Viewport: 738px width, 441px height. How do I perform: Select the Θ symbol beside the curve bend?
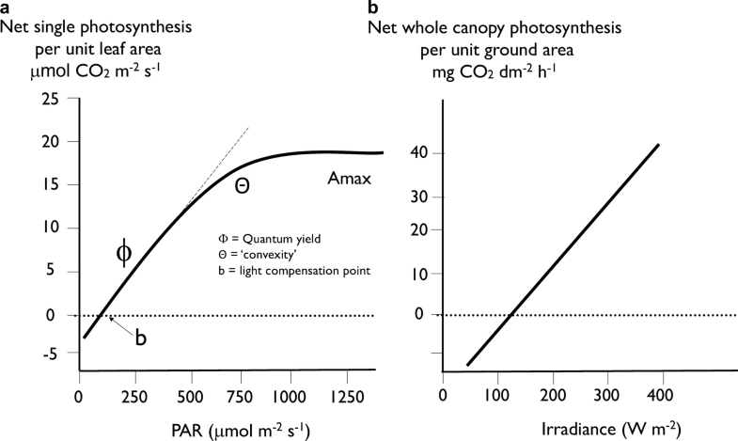[x=242, y=186]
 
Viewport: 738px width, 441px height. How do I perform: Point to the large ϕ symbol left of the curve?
[x=124, y=252]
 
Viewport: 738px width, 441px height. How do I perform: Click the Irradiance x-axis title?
[x=557, y=429]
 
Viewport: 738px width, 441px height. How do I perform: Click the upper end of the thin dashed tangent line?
[x=249, y=126]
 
